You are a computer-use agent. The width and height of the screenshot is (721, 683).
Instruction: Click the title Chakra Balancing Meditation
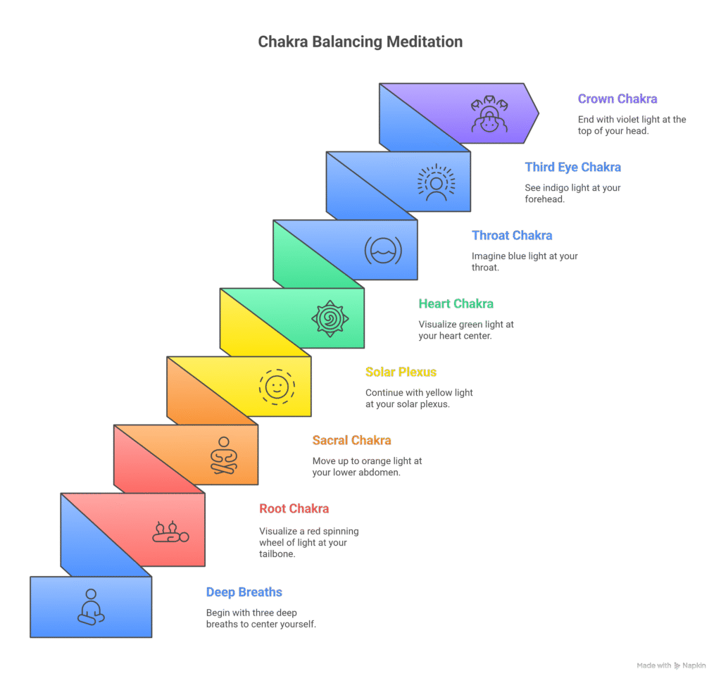pyautogui.click(x=360, y=42)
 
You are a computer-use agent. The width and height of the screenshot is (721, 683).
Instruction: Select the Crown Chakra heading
pyautogui.click(x=617, y=99)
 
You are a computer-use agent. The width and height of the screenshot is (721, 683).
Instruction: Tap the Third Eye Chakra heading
pyautogui.click(x=573, y=167)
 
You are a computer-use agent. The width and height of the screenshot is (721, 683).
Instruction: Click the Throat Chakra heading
pyautogui.click(x=512, y=235)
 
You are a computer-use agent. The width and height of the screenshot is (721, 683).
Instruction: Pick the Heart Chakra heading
pyautogui.click(x=456, y=303)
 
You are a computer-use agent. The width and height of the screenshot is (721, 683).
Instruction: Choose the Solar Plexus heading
pyautogui.click(x=401, y=372)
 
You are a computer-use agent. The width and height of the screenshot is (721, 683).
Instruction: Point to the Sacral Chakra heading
pyautogui.click(x=351, y=440)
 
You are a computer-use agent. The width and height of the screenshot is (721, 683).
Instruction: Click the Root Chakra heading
pyautogui.click(x=294, y=508)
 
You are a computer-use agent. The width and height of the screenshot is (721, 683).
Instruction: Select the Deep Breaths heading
pyautogui.click(x=244, y=592)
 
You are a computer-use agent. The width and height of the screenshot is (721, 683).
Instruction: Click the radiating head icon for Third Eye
pyautogui.click(x=436, y=182)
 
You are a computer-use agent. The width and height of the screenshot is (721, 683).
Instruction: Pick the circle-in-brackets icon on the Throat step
pyautogui.click(x=383, y=250)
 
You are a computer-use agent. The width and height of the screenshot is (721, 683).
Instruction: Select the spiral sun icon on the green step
pyautogui.click(x=330, y=318)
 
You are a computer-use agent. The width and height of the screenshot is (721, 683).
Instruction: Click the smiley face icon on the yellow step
pyautogui.click(x=277, y=386)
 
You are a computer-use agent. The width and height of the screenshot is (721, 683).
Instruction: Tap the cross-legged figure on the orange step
pyautogui.click(x=224, y=455)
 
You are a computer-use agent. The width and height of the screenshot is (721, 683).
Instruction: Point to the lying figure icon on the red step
pyautogui.click(x=170, y=532)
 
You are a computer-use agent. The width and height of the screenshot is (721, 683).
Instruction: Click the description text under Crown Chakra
pyautogui.click(x=632, y=125)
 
